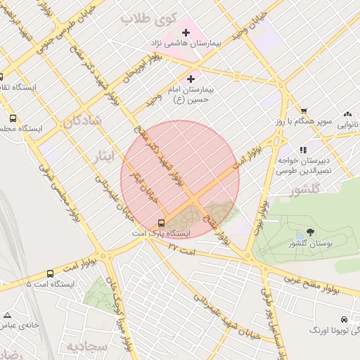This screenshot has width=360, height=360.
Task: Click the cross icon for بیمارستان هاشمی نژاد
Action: [186, 32]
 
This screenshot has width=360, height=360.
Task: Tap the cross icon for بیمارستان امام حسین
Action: [191, 79]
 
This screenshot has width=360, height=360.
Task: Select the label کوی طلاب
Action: [146, 19]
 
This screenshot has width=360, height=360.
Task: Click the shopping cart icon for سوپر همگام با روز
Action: [303, 110]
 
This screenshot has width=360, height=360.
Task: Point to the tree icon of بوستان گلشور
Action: [310, 232]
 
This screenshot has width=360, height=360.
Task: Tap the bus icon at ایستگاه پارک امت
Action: [162, 223]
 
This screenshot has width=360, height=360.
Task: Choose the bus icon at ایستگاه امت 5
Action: [50, 274]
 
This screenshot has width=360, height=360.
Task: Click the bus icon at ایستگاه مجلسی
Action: [13, 119]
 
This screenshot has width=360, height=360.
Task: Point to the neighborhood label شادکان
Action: [82, 121]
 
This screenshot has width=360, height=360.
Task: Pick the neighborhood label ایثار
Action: [103, 156]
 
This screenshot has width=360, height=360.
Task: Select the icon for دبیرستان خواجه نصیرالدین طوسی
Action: [303, 150]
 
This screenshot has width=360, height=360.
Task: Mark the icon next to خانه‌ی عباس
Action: [8, 315]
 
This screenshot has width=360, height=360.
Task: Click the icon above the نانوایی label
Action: [347, 114]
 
